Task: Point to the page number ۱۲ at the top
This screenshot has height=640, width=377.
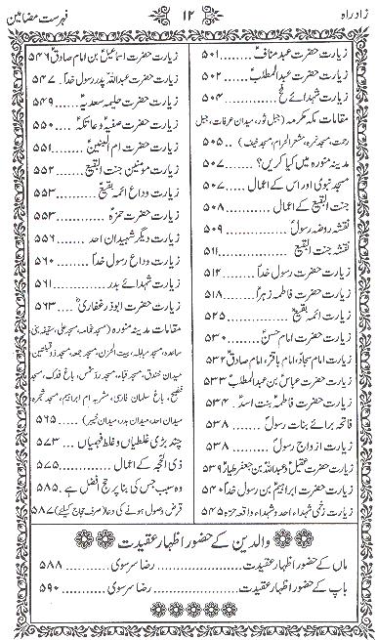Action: [188, 16]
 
